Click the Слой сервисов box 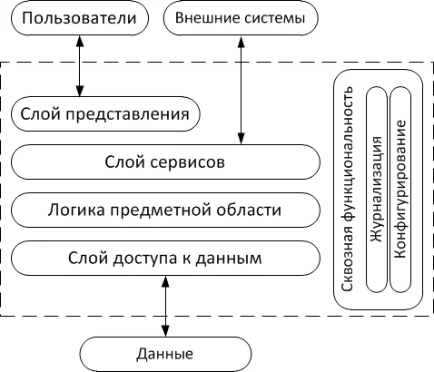pos(166,163)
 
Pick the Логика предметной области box pos(166,211)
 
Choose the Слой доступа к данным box pos(166,259)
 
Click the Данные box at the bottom pos(165,351)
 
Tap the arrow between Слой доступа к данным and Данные pos(165,307)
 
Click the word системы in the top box pos(271,19)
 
